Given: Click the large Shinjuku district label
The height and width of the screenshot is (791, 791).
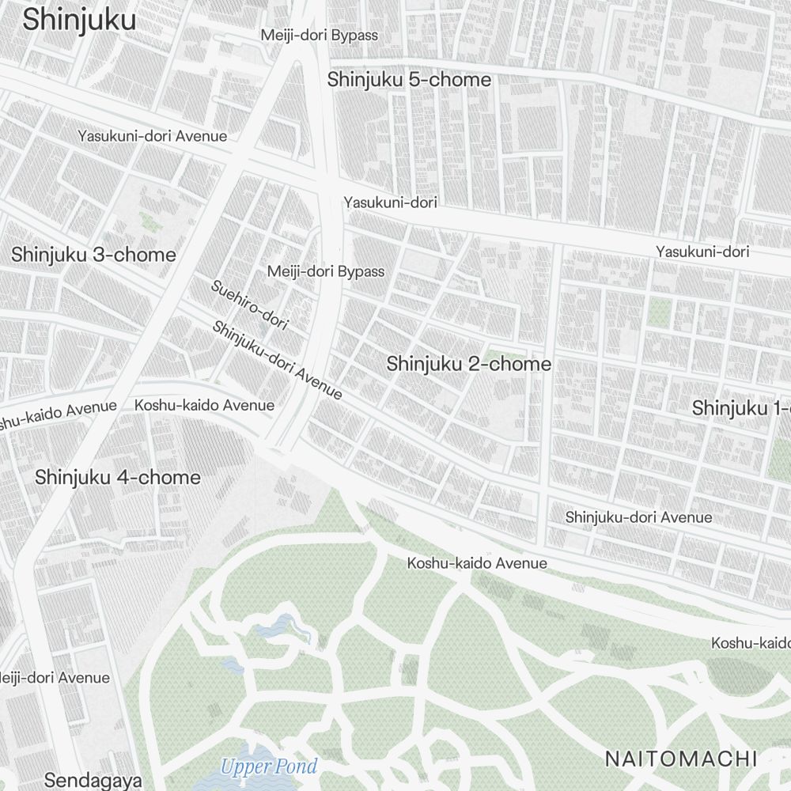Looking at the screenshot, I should (x=79, y=21).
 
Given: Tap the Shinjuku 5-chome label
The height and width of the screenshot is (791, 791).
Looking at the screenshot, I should (x=409, y=80).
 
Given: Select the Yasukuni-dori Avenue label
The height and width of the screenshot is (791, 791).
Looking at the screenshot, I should (x=152, y=136).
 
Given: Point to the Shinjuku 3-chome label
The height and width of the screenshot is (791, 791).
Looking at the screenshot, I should (x=93, y=255).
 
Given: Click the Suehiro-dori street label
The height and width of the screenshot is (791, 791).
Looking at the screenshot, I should (x=249, y=305).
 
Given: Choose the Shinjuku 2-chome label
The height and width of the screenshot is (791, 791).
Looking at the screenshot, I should (x=468, y=364).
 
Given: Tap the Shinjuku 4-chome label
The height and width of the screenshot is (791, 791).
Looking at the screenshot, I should (x=118, y=478).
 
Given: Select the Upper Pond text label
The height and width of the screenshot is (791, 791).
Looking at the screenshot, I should (x=269, y=766).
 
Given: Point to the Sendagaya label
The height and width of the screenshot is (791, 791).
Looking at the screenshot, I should (x=93, y=780).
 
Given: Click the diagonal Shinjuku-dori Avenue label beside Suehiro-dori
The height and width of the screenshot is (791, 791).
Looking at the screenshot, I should (x=277, y=360).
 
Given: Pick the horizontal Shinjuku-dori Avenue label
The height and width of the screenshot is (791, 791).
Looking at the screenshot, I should (x=638, y=517).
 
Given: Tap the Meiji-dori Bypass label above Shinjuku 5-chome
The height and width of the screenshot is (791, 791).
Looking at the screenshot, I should (x=320, y=36).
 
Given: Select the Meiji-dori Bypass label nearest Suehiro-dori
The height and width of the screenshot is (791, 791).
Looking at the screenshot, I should (x=325, y=271).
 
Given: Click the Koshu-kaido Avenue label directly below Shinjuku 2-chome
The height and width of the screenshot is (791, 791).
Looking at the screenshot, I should (x=477, y=563).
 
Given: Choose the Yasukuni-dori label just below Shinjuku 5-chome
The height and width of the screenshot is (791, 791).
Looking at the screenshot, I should (x=390, y=202).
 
